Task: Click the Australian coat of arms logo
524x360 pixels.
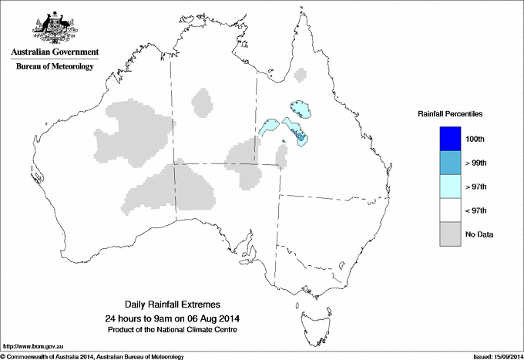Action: (55, 27)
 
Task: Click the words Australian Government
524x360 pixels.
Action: (55, 52)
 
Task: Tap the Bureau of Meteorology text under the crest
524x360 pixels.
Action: (55, 66)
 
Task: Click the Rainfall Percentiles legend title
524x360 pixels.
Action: (450, 114)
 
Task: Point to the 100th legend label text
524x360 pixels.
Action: (475, 139)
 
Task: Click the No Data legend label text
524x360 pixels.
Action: (479, 234)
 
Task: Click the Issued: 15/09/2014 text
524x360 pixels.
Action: (490, 355)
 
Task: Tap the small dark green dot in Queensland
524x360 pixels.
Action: (284, 140)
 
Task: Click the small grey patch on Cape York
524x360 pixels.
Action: (300, 75)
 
